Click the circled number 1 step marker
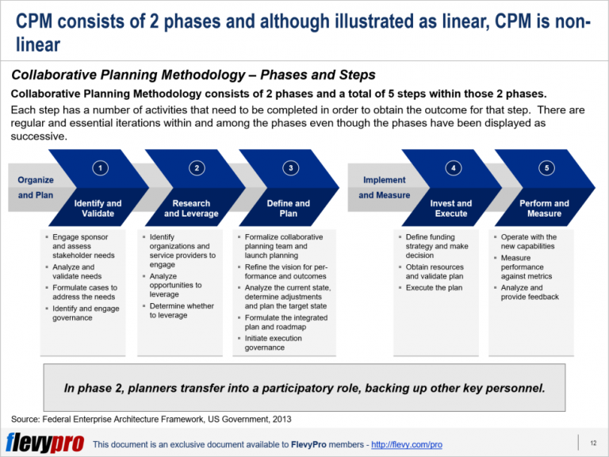99,167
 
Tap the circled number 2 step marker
196,167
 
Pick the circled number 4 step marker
453,167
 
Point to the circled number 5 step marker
546,167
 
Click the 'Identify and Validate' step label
98,208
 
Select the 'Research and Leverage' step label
193,208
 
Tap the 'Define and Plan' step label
289,208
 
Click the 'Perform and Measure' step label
544,208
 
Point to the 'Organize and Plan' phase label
36,187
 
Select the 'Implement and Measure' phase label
385,187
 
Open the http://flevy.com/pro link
406,444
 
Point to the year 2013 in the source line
284,418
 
